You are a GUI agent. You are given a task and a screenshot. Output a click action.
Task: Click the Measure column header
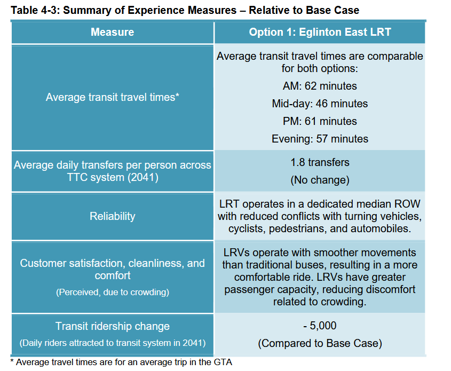point(112,33)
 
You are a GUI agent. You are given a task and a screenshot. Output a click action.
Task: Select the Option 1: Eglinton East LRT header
point(320,33)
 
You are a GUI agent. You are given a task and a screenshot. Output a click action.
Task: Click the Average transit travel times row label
point(112,97)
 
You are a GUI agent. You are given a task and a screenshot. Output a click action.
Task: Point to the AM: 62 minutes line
point(320,86)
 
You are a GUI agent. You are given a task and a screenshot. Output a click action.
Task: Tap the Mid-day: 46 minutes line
point(320,104)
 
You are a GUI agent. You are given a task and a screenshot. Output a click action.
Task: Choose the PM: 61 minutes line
point(320,121)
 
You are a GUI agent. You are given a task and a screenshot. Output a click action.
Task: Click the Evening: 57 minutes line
point(320,139)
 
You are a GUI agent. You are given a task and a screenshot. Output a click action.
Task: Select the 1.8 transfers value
point(320,163)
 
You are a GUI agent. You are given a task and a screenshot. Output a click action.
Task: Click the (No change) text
point(320,180)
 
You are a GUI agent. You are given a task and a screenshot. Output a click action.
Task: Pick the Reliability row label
point(112,216)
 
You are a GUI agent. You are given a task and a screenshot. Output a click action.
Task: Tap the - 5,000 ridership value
point(320,326)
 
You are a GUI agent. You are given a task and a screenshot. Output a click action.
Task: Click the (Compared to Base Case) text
point(320,343)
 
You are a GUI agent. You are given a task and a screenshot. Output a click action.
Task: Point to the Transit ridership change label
point(112,326)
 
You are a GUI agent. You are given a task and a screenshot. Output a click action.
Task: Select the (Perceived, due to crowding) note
point(112,293)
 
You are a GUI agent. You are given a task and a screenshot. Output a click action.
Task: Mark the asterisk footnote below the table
point(122,362)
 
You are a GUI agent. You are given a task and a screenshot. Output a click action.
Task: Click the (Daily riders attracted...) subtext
point(112,343)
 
